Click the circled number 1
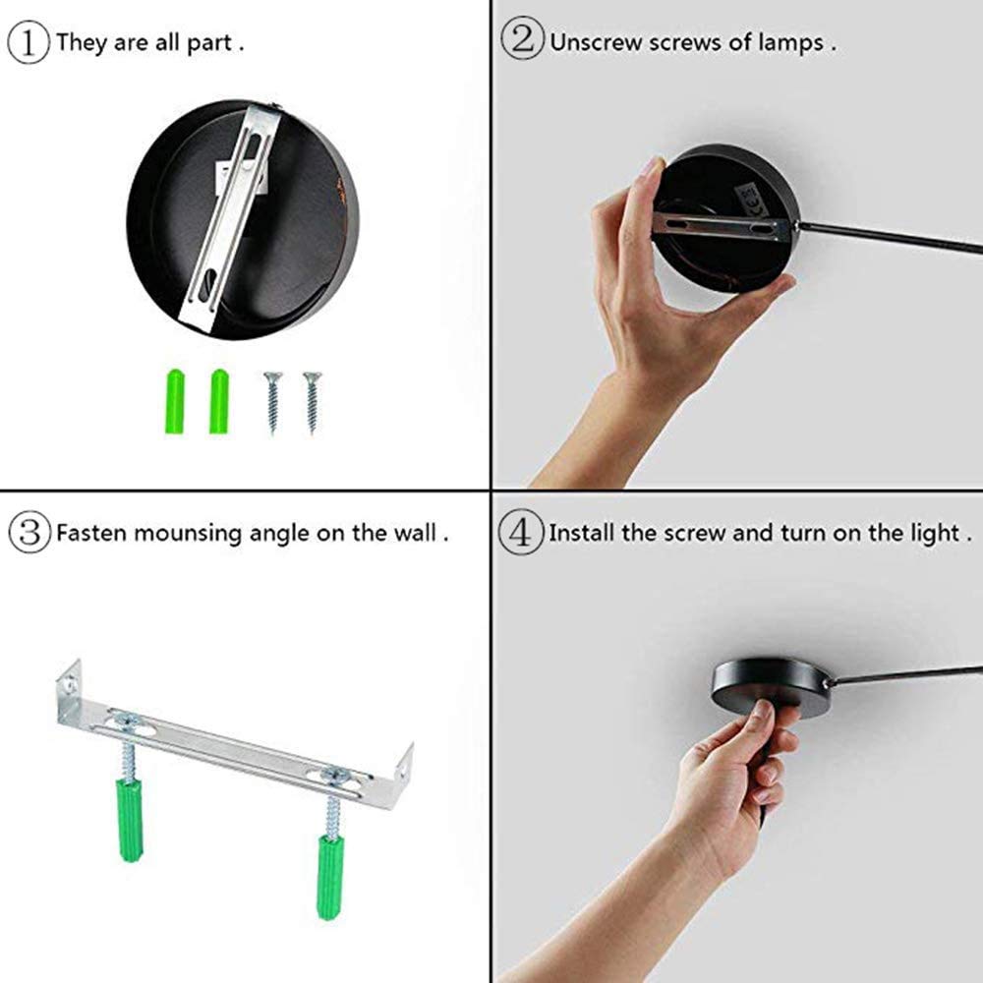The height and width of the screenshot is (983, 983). click(29, 42)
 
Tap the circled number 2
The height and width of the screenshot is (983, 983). click(522, 39)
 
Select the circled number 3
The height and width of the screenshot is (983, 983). click(29, 532)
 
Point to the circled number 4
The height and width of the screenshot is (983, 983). click(520, 532)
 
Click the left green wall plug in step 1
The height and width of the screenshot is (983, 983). click(175, 402)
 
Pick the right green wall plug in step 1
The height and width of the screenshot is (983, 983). click(219, 401)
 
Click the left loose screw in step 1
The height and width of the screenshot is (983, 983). click(272, 402)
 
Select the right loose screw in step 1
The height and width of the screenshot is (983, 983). click(312, 402)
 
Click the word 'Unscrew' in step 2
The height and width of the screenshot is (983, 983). click(597, 42)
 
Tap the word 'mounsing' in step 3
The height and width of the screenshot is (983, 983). click(188, 534)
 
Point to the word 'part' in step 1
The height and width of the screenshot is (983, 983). click(209, 43)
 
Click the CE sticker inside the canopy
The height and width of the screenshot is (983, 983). click(749, 193)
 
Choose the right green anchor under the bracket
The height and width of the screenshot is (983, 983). click(329, 877)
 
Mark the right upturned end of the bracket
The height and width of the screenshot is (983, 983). click(403, 772)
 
